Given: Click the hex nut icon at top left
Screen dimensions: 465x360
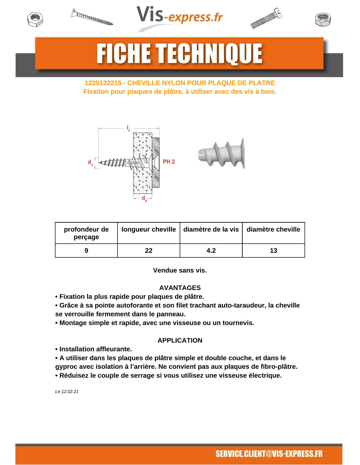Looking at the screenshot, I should pyautogui.click(x=35, y=19).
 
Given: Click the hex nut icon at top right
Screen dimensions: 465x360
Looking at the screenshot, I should pyautogui.click(x=323, y=19).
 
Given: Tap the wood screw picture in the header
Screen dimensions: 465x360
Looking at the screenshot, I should pyautogui.click(x=92, y=17).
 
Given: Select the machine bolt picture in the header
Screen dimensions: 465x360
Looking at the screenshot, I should pyautogui.click(x=266, y=18).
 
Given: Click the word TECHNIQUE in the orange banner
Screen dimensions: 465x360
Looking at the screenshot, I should pyautogui.click(x=209, y=54).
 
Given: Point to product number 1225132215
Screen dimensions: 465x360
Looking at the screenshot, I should pyautogui.click(x=103, y=83).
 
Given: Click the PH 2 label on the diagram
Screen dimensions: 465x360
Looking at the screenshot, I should pyautogui.click(x=169, y=162).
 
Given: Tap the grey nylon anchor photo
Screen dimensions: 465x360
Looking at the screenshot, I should pyautogui.click(x=222, y=153).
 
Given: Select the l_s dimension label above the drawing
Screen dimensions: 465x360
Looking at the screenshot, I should pyautogui.click(x=128, y=128).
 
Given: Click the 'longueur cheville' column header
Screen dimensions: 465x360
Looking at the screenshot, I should pyautogui.click(x=149, y=230).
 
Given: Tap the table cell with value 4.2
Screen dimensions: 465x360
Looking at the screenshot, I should pyautogui.click(x=211, y=250).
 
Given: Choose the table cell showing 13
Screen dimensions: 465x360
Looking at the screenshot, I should pyautogui.click(x=273, y=250).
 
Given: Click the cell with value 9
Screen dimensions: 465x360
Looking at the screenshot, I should pyautogui.click(x=86, y=250).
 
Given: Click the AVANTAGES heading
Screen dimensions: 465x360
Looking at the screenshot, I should pyautogui.click(x=180, y=288).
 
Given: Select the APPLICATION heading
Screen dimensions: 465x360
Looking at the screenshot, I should pyautogui.click(x=180, y=340).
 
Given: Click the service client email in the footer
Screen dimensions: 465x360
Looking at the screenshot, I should pyautogui.click(x=269, y=454).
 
